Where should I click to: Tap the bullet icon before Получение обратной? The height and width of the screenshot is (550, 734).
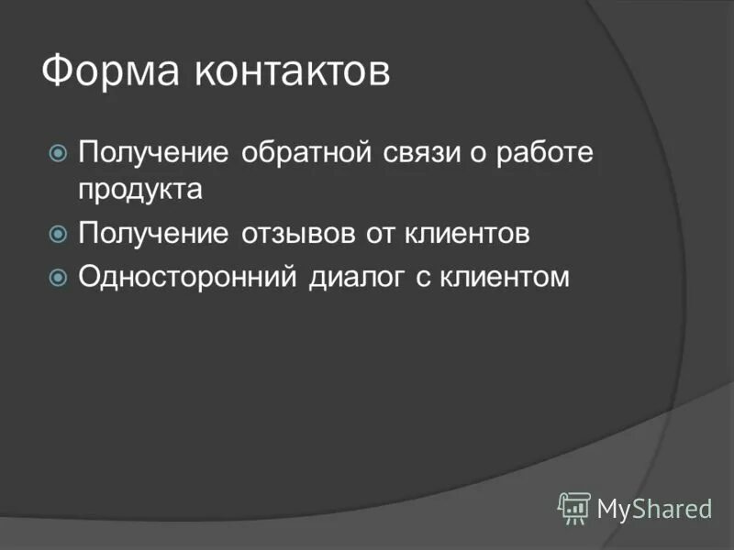(x=58, y=152)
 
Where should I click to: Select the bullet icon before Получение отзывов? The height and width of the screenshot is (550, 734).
(x=58, y=234)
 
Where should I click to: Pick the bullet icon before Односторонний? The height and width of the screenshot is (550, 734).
(x=58, y=276)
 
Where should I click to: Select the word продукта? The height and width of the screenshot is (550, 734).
(x=139, y=191)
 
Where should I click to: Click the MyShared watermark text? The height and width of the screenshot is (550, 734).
(x=653, y=507)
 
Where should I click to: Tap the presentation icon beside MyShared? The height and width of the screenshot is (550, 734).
(x=574, y=507)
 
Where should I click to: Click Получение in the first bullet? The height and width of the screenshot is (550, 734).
(x=153, y=152)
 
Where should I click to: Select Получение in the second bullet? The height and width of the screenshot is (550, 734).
(x=153, y=234)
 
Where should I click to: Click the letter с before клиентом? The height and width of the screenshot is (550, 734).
(x=425, y=278)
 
